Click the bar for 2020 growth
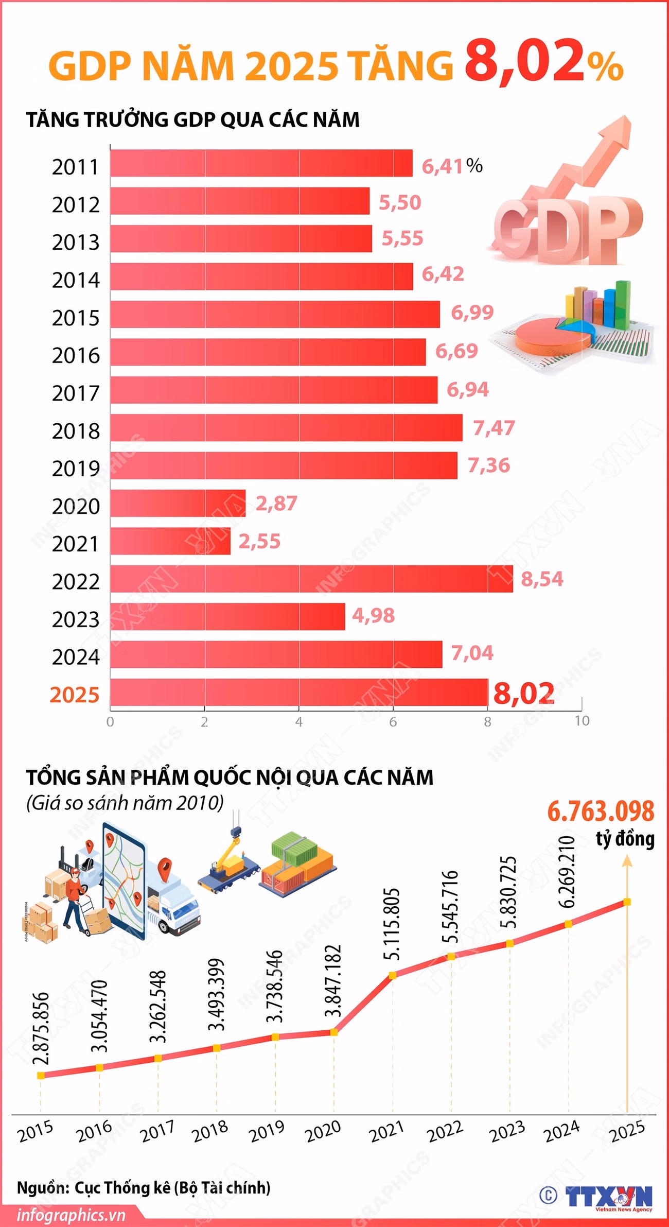178,503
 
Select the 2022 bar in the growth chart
311,579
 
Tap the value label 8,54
542,579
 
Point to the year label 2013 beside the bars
75,243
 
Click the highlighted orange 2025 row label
74,695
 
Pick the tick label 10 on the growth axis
582,721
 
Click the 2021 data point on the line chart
392,975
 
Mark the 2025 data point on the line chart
627,902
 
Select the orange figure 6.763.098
600,811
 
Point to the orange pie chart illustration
551,337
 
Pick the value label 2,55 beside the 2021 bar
259,541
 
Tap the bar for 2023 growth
227,616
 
